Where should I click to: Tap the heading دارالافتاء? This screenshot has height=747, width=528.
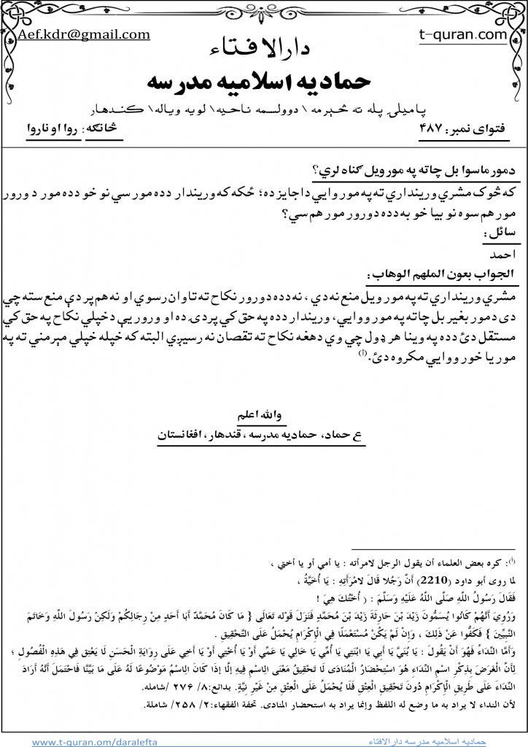265,49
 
